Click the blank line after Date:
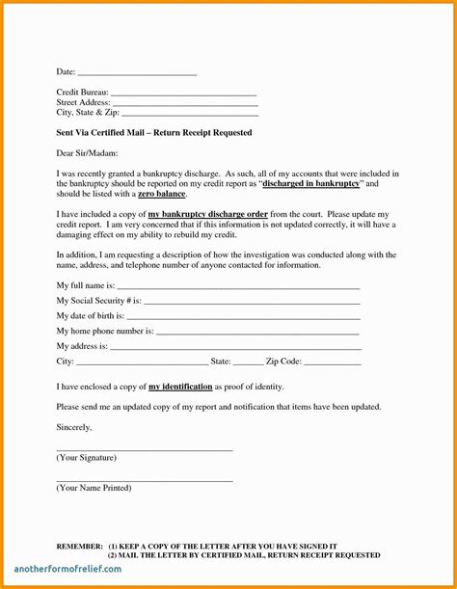coord(136,73)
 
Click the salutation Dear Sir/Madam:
coord(86,153)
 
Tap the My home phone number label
coord(105,332)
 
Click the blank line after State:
coord(248,362)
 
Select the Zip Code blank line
coord(333,362)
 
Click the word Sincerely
coord(74,427)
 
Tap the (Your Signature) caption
coord(87,457)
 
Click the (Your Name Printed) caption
coord(94,488)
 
